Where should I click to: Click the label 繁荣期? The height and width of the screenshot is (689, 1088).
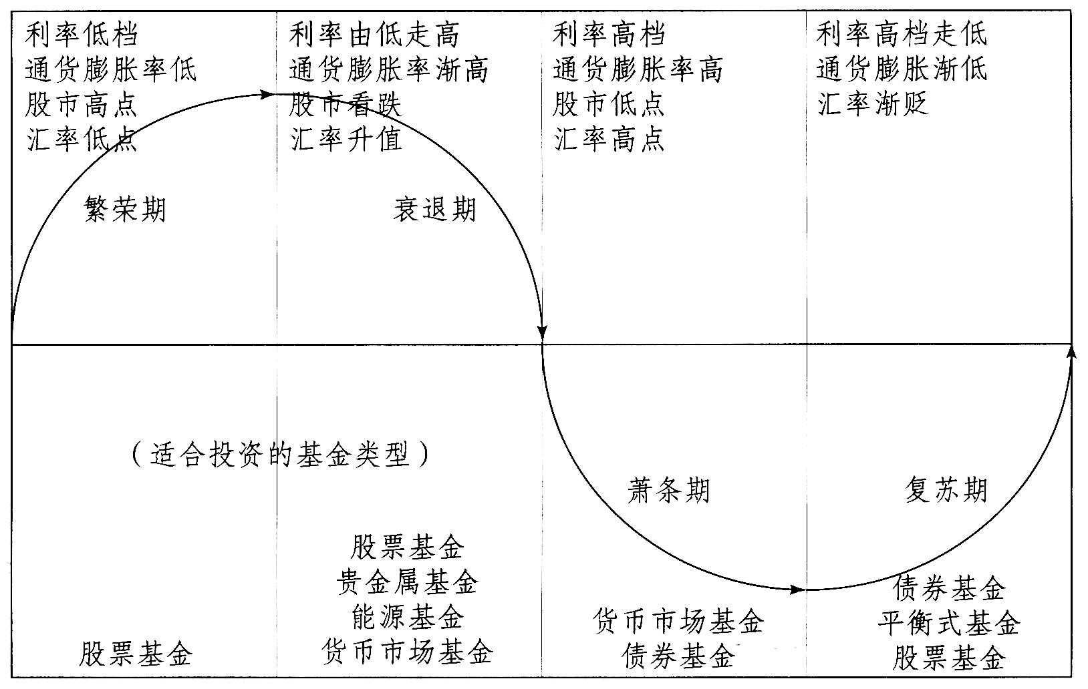point(125,209)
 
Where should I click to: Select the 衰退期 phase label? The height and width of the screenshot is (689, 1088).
point(434,209)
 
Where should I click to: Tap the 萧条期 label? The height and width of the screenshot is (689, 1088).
point(668,491)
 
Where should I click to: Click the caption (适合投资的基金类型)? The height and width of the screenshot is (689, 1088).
point(280,454)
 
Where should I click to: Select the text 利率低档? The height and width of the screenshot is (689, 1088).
point(82,34)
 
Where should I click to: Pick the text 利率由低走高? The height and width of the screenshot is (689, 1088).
point(374,34)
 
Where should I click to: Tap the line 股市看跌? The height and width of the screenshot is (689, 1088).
point(346,105)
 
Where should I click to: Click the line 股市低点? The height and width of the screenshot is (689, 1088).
point(608,105)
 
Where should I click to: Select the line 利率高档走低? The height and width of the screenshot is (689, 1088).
point(901,34)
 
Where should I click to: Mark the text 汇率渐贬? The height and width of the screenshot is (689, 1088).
point(872,105)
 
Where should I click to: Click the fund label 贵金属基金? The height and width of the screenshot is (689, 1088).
point(407,583)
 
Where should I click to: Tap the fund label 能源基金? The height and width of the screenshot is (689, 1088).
point(407,617)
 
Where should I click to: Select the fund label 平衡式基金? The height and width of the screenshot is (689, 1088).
point(949,624)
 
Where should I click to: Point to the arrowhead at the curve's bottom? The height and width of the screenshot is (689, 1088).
point(797,590)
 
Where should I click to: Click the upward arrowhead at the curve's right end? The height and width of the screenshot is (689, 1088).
point(1071,352)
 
